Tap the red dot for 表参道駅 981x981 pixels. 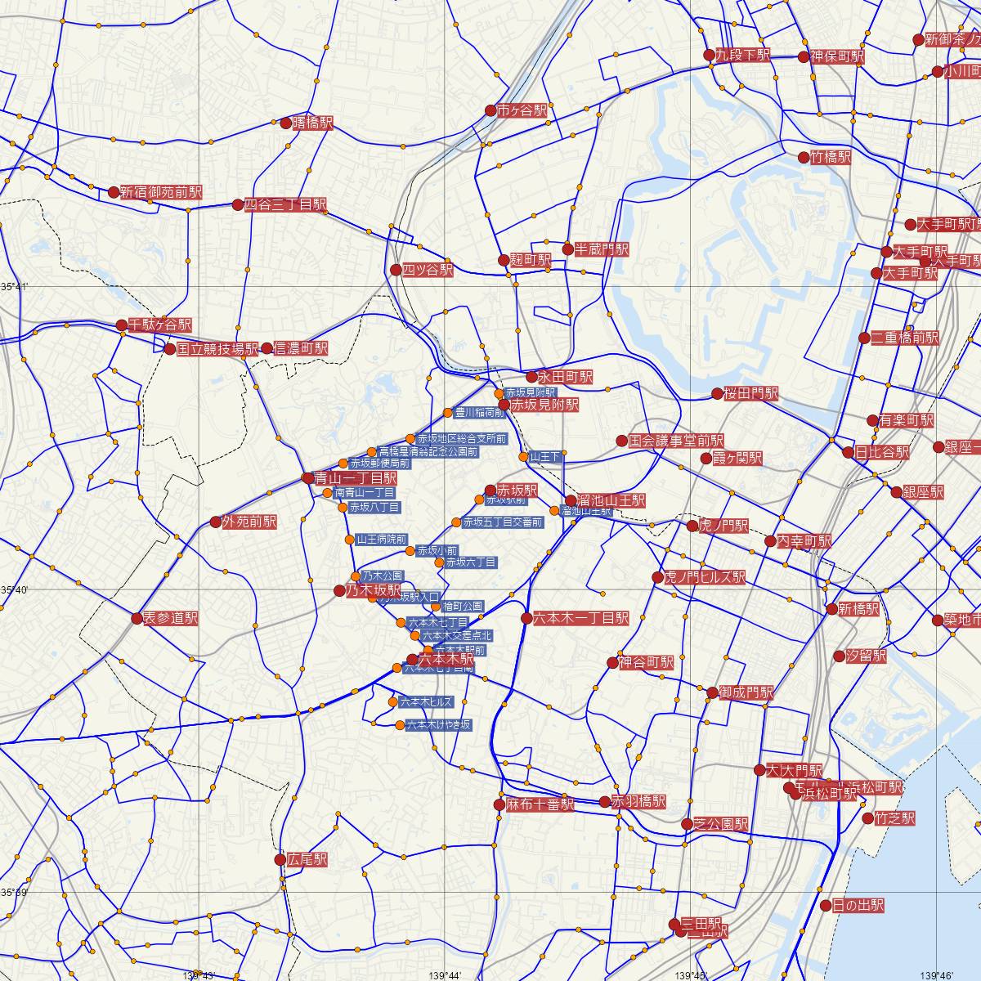(137, 618)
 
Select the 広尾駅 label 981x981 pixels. (307, 860)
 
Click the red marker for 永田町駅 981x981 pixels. (531, 378)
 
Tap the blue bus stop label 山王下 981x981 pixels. (545, 456)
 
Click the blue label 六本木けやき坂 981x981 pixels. (438, 725)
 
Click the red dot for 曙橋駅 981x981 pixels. (286, 123)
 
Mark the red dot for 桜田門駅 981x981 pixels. (718, 394)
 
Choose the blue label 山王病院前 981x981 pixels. (381, 540)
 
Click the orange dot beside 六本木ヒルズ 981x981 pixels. (393, 701)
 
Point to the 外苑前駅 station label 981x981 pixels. (249, 522)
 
